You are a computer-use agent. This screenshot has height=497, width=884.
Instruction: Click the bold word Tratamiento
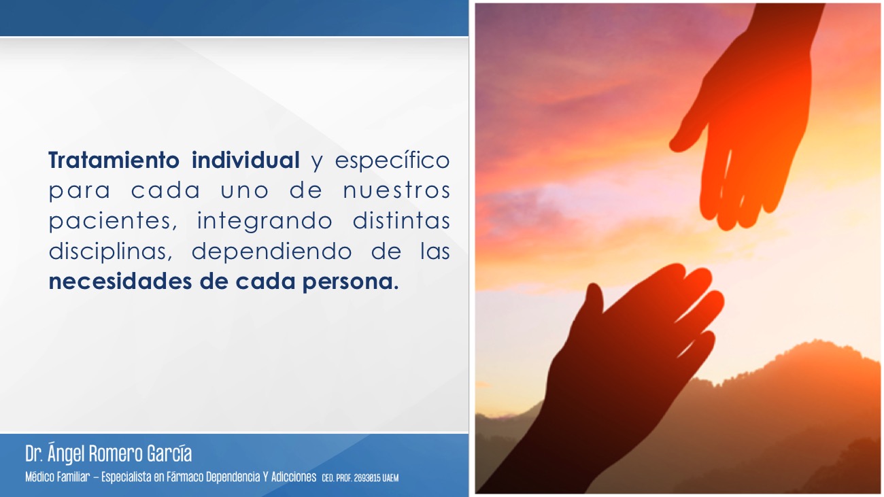tap(114, 160)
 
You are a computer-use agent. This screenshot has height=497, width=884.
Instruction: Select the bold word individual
tap(245, 160)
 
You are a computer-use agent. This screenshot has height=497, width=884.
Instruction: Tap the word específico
tap(392, 160)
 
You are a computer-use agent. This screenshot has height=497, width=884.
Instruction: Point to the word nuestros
tap(396, 190)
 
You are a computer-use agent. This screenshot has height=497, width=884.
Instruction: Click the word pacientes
tap(113, 221)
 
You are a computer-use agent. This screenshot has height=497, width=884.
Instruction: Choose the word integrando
tap(265, 221)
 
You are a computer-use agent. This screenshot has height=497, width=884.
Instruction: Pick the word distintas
tap(401, 220)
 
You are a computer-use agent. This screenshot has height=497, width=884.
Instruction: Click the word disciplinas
tap(110, 252)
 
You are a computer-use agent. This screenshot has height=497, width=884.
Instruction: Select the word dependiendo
tap(271, 252)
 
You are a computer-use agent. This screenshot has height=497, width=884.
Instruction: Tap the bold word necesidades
tap(120, 281)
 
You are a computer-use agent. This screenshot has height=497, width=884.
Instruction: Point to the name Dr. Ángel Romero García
tap(109, 453)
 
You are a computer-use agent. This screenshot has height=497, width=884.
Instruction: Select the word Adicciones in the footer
tap(294, 477)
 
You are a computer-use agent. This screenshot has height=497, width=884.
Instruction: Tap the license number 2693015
tap(367, 478)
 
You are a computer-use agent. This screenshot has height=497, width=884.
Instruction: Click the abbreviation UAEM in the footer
tap(390, 478)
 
